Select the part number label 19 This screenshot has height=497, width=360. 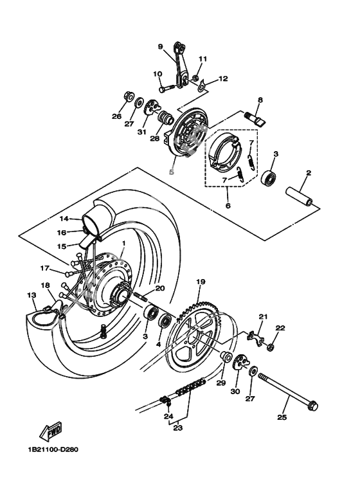tap(201, 282)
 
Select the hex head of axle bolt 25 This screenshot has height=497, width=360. tap(312, 406)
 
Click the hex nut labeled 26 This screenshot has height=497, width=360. tap(127, 98)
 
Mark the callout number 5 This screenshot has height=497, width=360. tap(172, 172)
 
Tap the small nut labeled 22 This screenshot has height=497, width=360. tap(270, 348)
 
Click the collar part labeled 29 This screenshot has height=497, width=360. tap(226, 357)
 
